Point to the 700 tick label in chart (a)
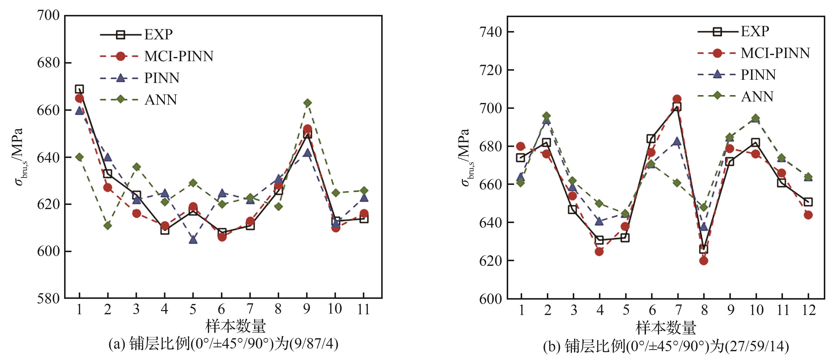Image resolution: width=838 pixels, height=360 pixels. pyautogui.click(x=48, y=15)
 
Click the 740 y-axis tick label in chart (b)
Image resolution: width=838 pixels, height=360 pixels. pyautogui.click(x=490, y=32)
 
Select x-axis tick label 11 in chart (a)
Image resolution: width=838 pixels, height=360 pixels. pyautogui.click(x=363, y=309)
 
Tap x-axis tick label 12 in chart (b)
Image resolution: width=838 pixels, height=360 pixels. pyautogui.click(x=808, y=310)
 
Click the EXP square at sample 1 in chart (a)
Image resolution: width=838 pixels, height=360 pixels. pyautogui.click(x=79, y=89)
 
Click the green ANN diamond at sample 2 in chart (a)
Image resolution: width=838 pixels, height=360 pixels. pyautogui.click(x=108, y=225)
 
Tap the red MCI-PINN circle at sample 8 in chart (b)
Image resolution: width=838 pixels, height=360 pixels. pyautogui.click(x=704, y=260)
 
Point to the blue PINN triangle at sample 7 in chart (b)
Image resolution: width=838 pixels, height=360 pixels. pyautogui.click(x=677, y=141)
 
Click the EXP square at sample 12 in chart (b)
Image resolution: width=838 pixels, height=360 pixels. pyautogui.click(x=808, y=202)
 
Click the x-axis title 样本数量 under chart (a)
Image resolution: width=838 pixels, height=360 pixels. pyautogui.click(x=236, y=326)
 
